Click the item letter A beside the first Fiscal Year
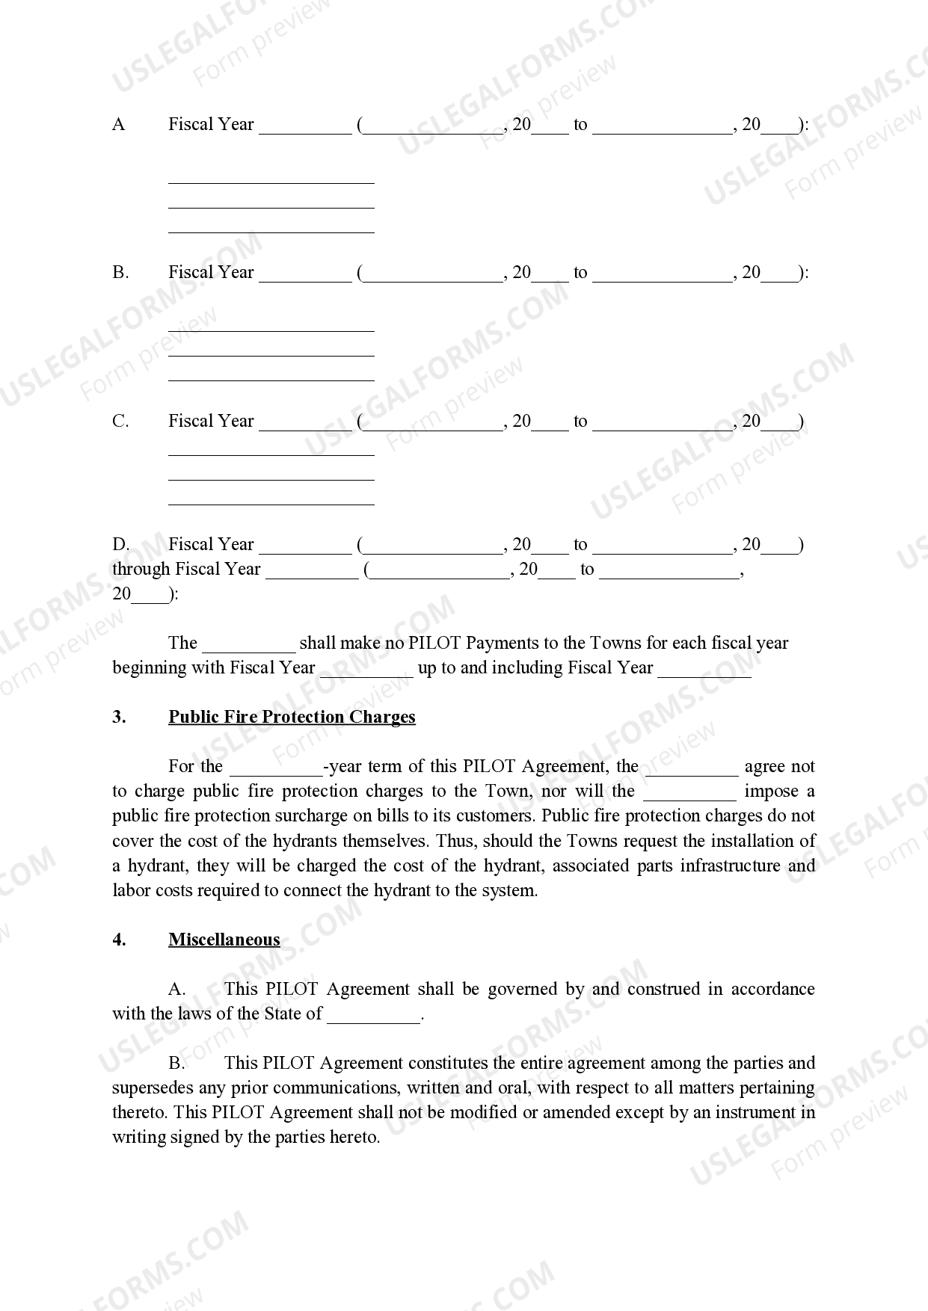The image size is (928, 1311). coord(118,124)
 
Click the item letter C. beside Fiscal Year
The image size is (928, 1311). coord(120,422)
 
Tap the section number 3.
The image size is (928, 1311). coord(119,717)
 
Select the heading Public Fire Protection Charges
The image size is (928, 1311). coord(292,717)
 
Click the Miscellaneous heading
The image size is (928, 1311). coord(224,940)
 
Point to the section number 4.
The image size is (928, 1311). coord(119,940)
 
